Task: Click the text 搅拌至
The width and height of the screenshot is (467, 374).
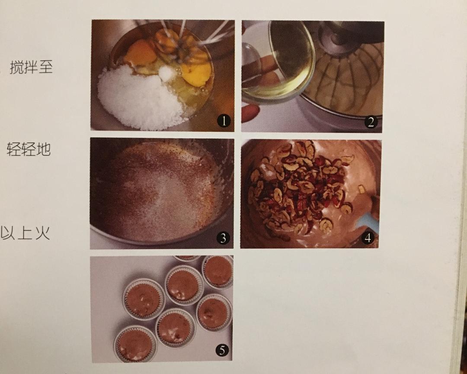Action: (x=31, y=68)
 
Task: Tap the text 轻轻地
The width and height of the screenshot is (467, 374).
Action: (x=29, y=149)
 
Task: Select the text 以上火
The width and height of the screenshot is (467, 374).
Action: (x=26, y=233)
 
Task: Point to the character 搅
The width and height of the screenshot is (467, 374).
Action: (x=16, y=68)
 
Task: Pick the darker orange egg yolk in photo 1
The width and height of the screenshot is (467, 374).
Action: (x=141, y=53)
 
